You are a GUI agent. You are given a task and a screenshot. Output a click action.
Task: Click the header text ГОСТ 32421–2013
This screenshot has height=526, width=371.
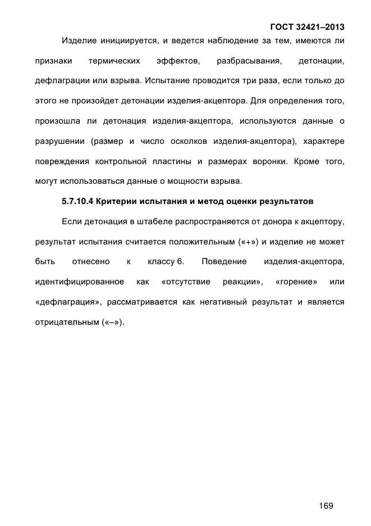coord(307,26)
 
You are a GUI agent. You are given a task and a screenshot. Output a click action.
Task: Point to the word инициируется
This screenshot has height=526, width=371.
coord(127,41)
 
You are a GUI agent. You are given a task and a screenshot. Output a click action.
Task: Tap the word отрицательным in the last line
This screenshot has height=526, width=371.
coord(67,323)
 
